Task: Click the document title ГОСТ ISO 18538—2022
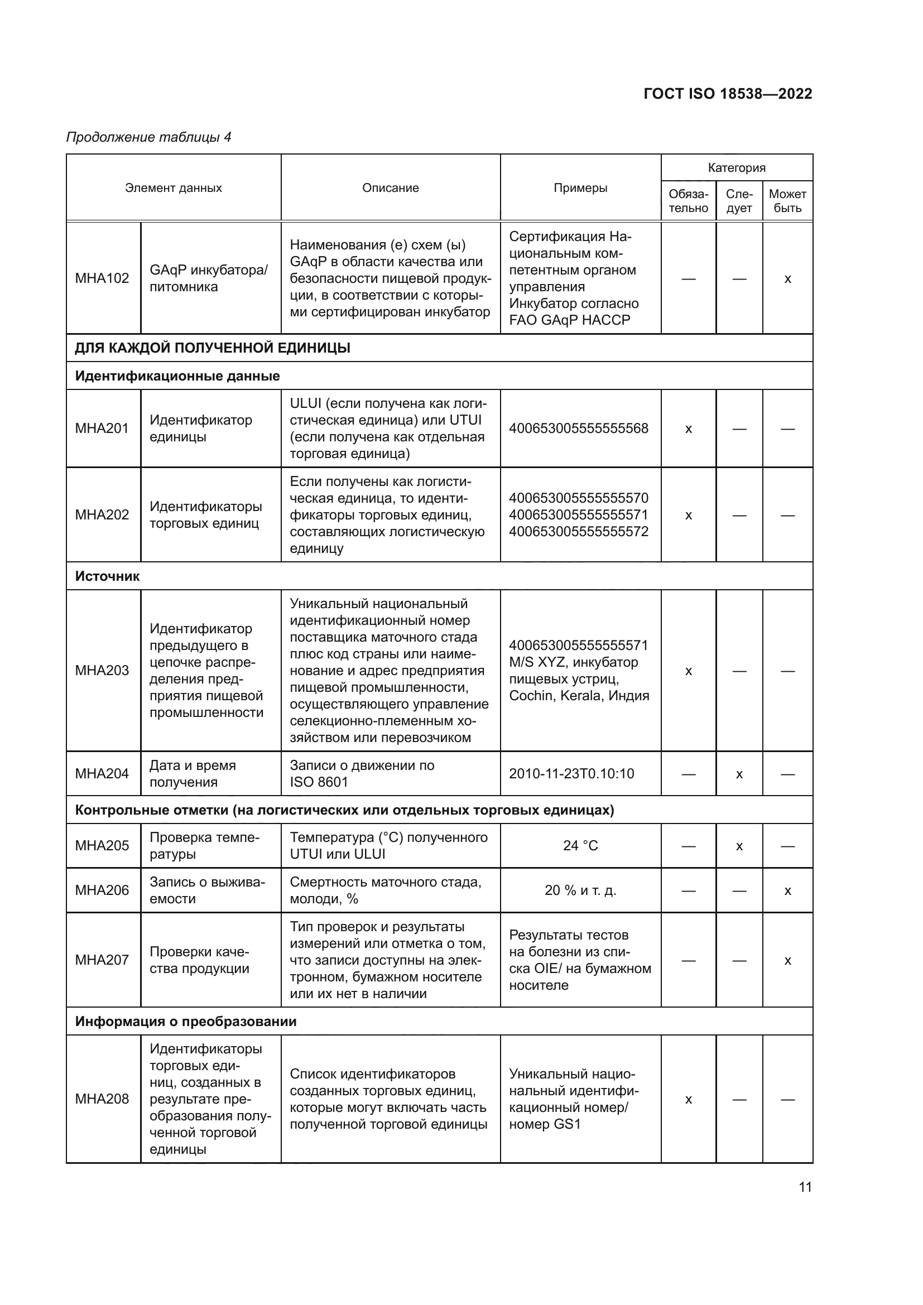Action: click(x=728, y=94)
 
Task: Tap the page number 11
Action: click(x=805, y=1187)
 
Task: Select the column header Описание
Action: click(x=391, y=188)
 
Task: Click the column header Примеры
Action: click(x=580, y=188)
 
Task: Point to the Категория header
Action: click(x=736, y=168)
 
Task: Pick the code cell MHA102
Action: click(x=102, y=278)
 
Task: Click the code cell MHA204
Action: click(x=102, y=773)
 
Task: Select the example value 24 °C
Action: click(x=580, y=846)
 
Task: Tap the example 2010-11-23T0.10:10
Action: click(x=571, y=773)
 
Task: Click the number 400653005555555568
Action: click(x=579, y=428)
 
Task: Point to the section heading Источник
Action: click(x=107, y=576)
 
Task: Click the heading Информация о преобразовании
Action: click(x=186, y=1022)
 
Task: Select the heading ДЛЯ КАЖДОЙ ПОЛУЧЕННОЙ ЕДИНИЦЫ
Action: click(x=213, y=348)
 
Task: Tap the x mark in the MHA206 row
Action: click(x=787, y=891)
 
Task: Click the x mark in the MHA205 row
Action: click(x=739, y=846)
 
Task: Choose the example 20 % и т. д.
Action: click(x=580, y=890)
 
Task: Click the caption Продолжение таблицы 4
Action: click(x=149, y=137)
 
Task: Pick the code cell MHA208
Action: click(x=102, y=1099)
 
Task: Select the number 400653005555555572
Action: click(x=579, y=532)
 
